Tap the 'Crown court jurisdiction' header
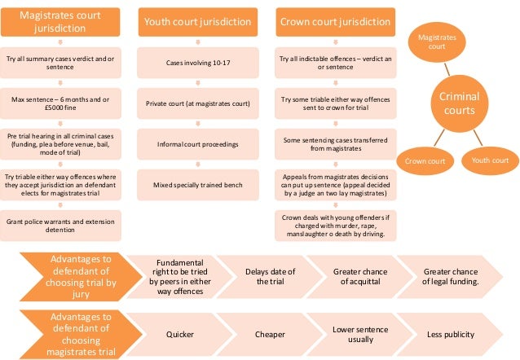(x=333, y=23)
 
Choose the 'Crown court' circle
(x=425, y=161)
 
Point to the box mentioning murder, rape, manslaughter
(x=333, y=226)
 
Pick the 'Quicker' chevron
(x=179, y=334)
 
